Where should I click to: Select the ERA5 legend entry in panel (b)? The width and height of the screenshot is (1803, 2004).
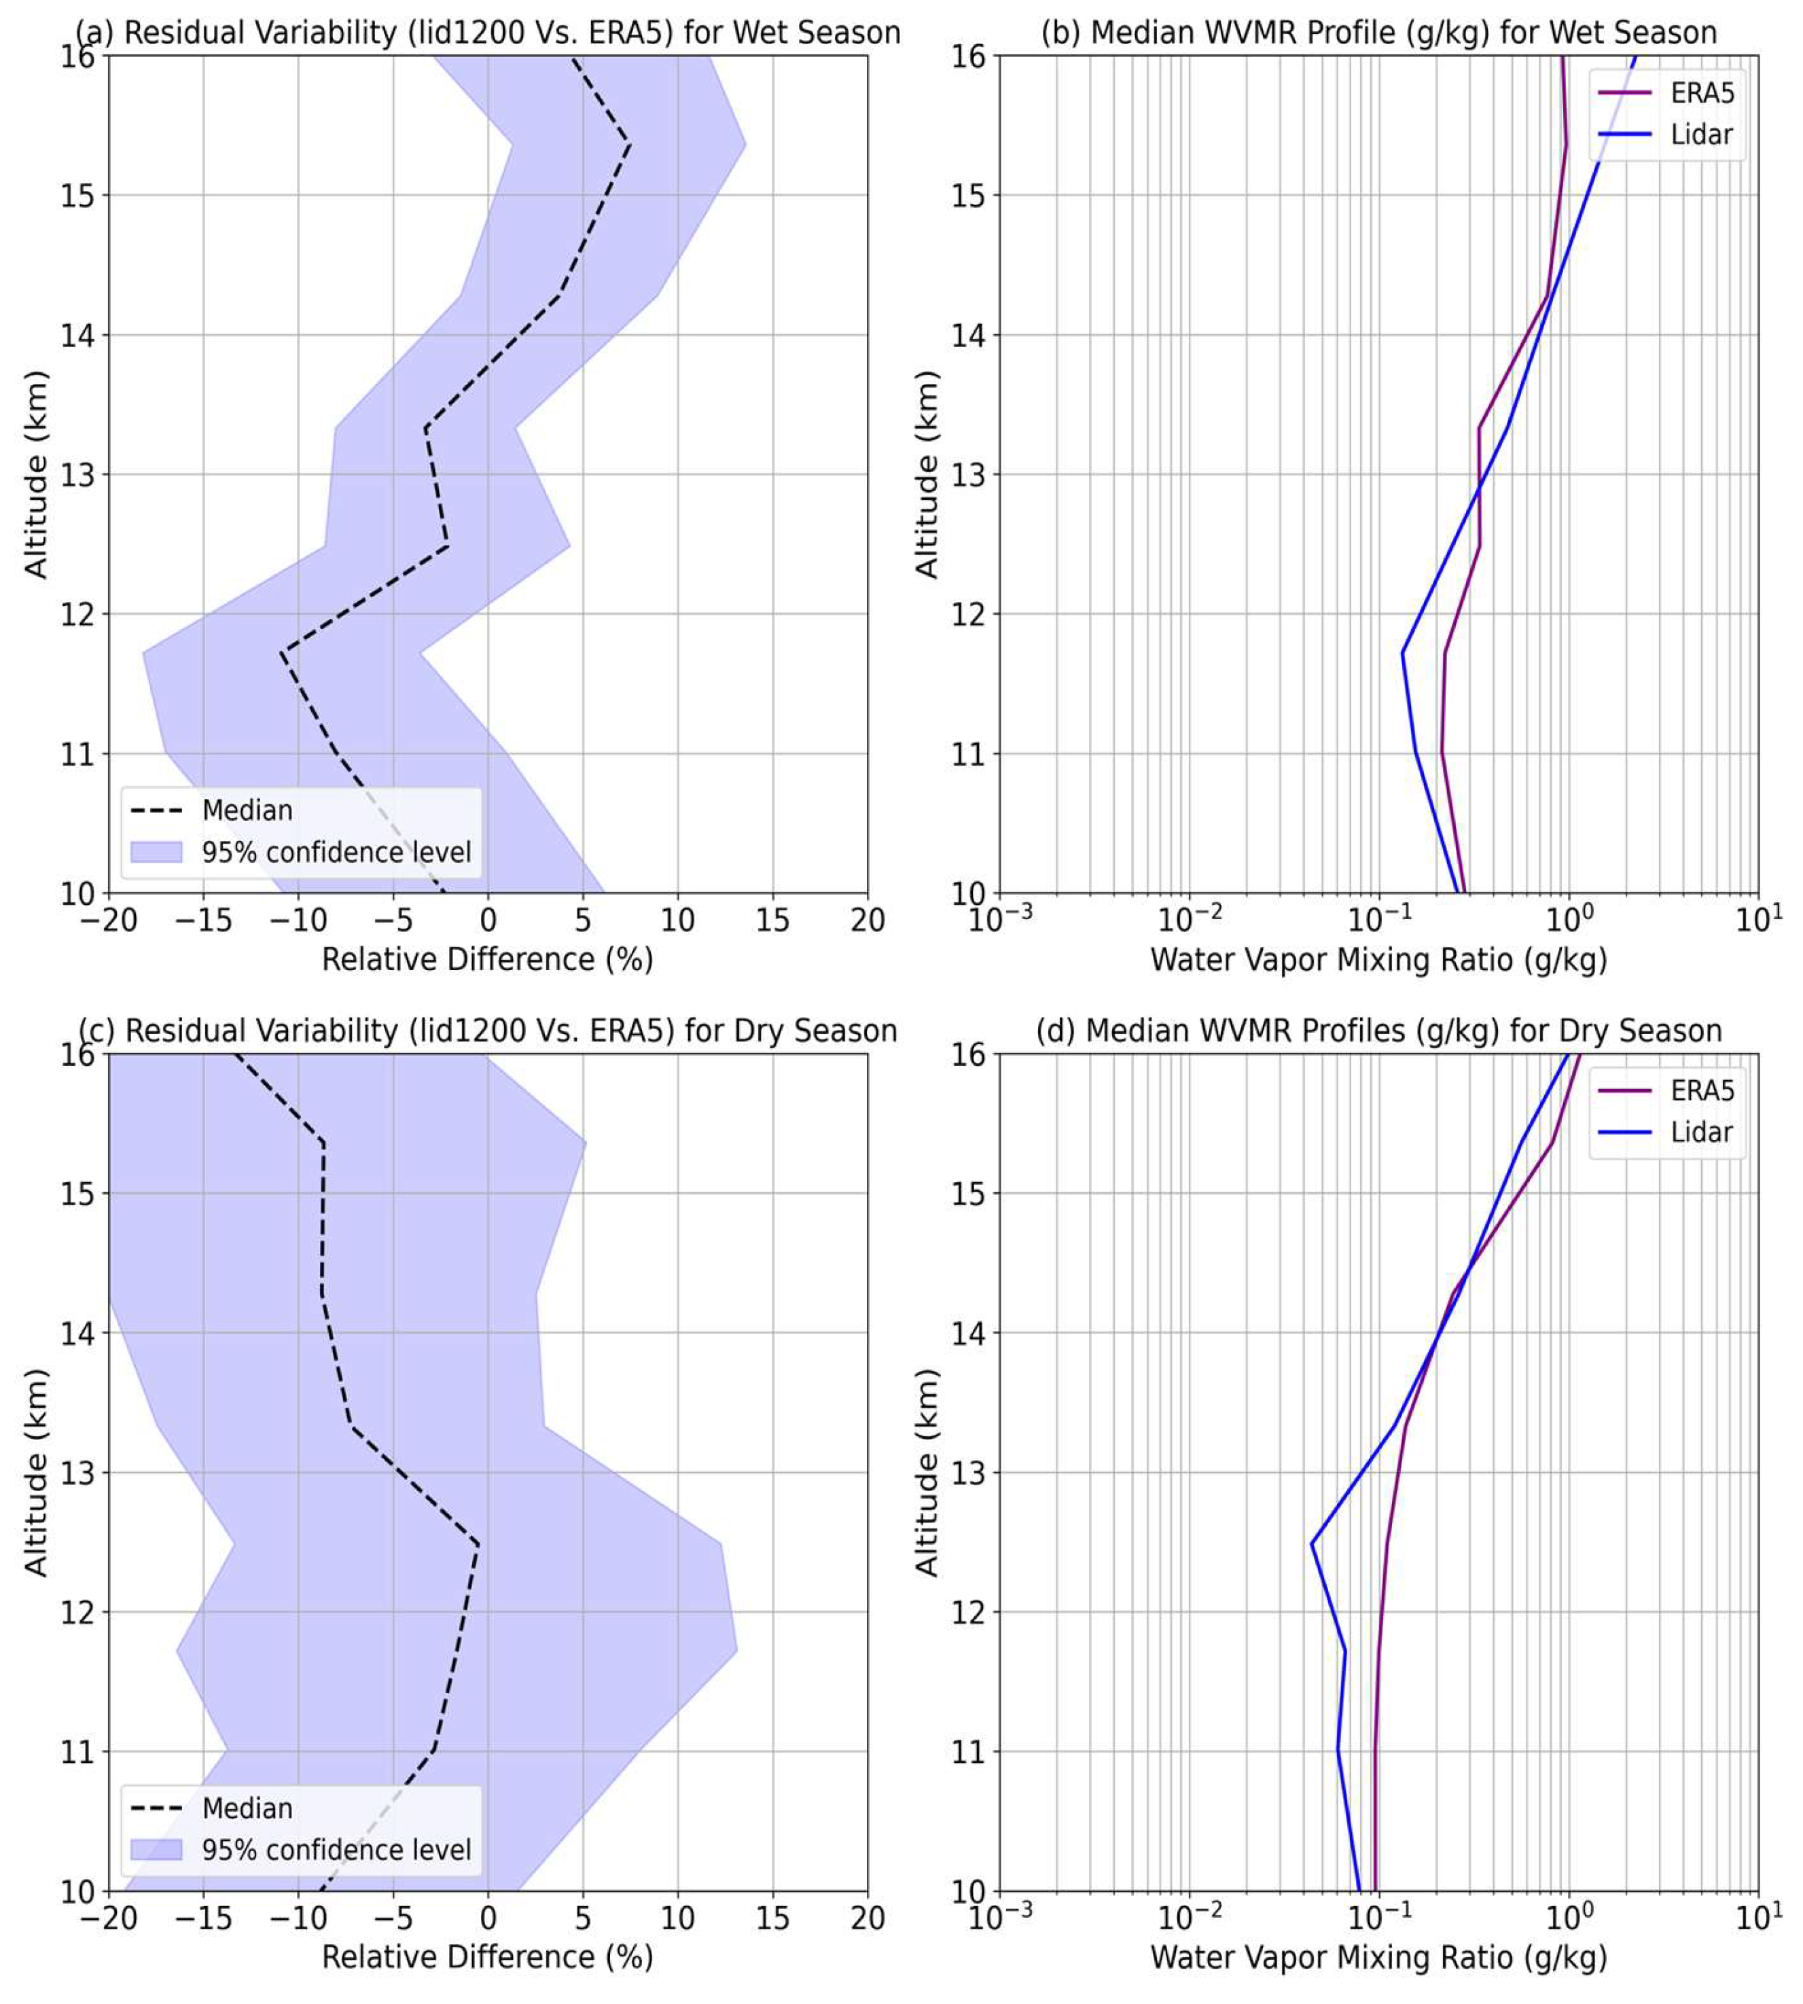tap(1701, 93)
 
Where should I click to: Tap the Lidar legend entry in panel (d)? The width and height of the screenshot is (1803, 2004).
tap(1701, 1132)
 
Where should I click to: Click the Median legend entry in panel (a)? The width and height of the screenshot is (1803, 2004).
tap(247, 810)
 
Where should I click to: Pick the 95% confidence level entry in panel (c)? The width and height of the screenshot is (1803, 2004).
tap(336, 1850)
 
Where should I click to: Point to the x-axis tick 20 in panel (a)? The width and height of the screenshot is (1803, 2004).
tap(867, 921)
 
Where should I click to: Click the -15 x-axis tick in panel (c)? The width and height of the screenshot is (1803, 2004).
tap(203, 1919)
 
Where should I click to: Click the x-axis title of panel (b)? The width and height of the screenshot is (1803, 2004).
tap(1378, 960)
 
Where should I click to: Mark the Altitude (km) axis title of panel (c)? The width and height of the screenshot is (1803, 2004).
tap(35, 1472)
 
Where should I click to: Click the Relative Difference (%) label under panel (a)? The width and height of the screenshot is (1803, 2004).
tap(487, 960)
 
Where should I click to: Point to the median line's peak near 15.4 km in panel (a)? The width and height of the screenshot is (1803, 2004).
tap(629, 145)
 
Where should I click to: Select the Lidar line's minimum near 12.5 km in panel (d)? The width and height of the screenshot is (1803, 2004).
tap(1313, 1543)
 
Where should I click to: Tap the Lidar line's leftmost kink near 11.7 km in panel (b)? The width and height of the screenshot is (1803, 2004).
tap(1403, 653)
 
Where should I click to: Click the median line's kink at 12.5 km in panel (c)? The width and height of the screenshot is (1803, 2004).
tap(478, 1543)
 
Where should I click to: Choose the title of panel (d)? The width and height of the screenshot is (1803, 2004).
tap(1378, 1031)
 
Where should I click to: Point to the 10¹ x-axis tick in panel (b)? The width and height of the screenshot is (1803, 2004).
tap(1758, 921)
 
